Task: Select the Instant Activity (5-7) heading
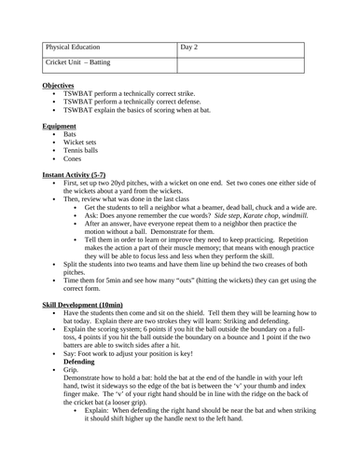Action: (x=79, y=174)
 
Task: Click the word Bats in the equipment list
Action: (x=70, y=134)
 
